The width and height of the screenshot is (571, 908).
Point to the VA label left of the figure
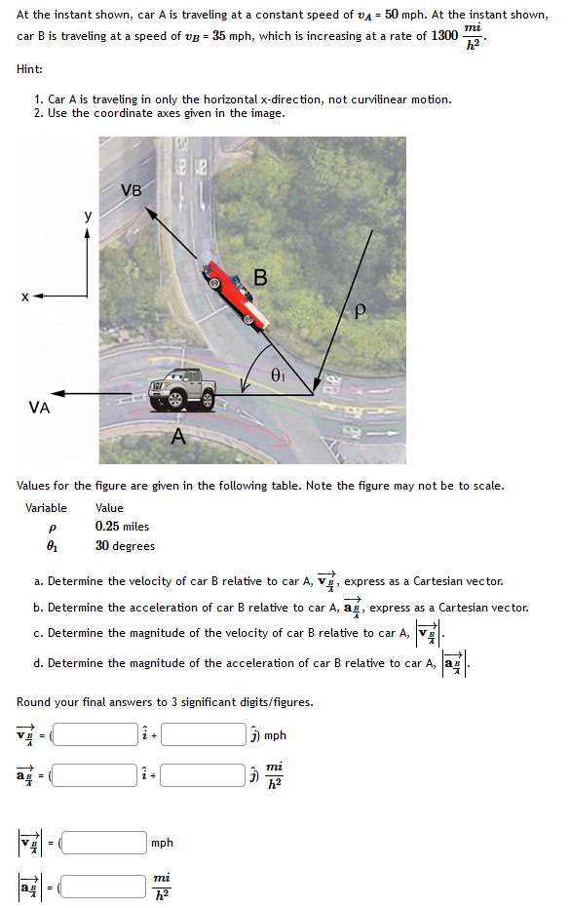(x=39, y=409)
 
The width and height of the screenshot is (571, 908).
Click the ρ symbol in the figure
(x=360, y=311)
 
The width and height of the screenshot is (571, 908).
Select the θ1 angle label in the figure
(x=278, y=373)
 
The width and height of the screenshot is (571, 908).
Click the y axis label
(x=88, y=217)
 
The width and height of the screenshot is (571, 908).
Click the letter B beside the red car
(x=260, y=276)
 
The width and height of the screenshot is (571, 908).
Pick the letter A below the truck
(x=178, y=438)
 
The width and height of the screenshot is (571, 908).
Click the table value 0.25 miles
(x=122, y=527)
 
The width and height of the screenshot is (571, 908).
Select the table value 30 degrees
(x=125, y=546)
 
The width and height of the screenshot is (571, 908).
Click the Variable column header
(x=46, y=508)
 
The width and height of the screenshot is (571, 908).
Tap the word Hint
(x=29, y=68)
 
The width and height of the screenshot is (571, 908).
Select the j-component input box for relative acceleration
(x=204, y=775)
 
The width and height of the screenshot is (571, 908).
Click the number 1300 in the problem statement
(x=444, y=35)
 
